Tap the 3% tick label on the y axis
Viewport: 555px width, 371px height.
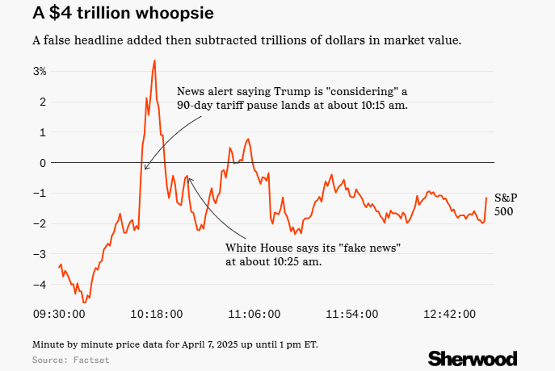pyautogui.click(x=40, y=72)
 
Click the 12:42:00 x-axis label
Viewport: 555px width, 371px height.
pyautogui.click(x=451, y=314)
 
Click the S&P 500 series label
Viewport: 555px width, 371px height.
pyautogui.click(x=505, y=204)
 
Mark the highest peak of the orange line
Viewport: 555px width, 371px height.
pyautogui.click(x=154, y=60)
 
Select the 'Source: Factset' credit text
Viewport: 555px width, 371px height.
pyautogui.click(x=70, y=359)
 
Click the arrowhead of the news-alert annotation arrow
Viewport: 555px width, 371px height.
pyautogui.click(x=145, y=169)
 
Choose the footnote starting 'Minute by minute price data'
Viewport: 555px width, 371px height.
pyautogui.click(x=175, y=344)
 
